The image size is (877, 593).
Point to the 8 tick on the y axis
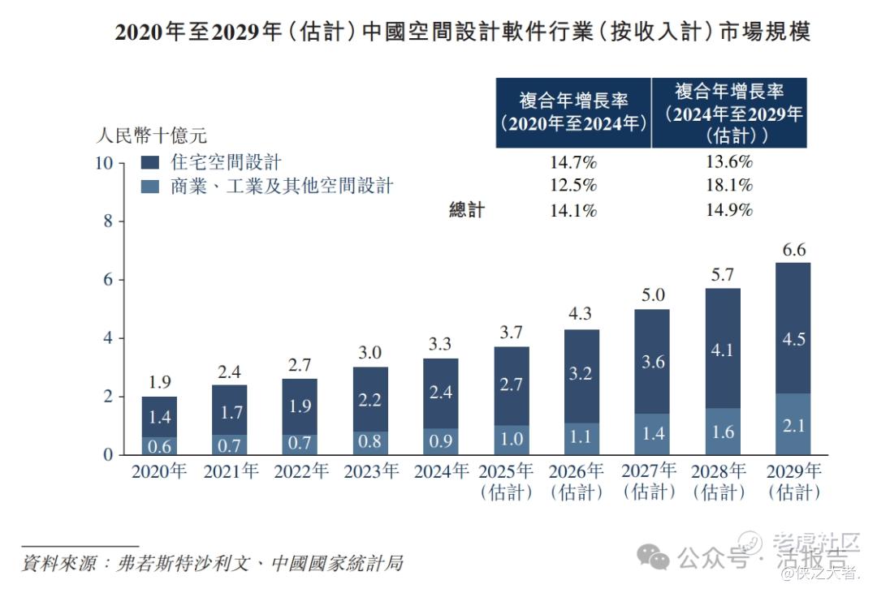pos(108,221)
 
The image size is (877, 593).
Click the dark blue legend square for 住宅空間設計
pos(149,162)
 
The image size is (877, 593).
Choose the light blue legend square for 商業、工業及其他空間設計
pos(149,187)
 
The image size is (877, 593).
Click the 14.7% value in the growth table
pos(573,162)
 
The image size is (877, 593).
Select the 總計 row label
pos(467,211)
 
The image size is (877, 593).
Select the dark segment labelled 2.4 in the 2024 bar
pos(441,393)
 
